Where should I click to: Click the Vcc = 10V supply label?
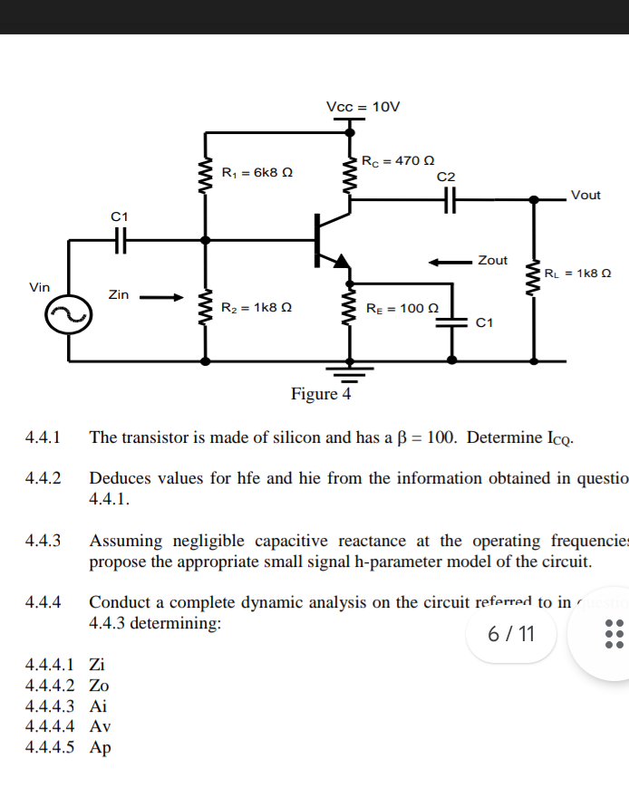363,107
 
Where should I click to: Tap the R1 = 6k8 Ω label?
257,171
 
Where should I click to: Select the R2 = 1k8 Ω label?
257,308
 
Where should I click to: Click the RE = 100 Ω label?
402,309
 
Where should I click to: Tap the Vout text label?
585,195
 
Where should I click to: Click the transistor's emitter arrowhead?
341,262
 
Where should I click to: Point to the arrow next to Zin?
161,294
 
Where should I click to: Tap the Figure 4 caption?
321,394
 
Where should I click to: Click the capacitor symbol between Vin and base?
121,241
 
